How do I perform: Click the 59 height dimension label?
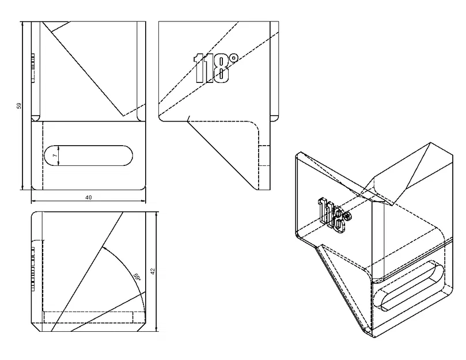[19, 105]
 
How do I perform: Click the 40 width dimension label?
[88, 197]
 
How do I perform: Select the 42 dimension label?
[153, 270]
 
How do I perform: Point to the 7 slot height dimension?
[55, 156]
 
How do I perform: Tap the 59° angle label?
[137, 276]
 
